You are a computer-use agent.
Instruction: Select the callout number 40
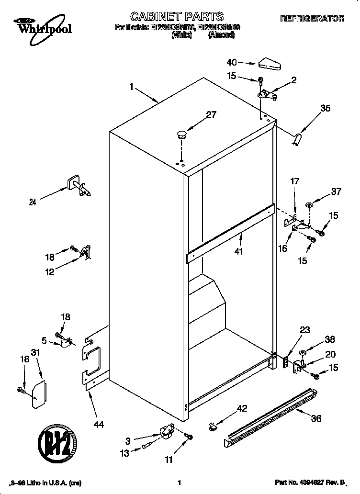tap(232, 62)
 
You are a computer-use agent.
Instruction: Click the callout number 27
tap(211, 114)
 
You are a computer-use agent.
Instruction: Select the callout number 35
tap(326, 109)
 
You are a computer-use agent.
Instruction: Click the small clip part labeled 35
tap(298, 139)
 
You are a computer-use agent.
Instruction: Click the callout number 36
tap(316, 418)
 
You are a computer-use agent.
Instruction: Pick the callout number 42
tap(243, 408)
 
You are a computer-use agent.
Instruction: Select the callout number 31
tap(34, 352)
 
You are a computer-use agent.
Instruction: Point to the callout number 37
tap(337, 191)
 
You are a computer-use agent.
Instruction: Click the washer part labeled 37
tap(309, 206)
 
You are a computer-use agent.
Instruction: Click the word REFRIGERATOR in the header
tap(312, 19)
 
